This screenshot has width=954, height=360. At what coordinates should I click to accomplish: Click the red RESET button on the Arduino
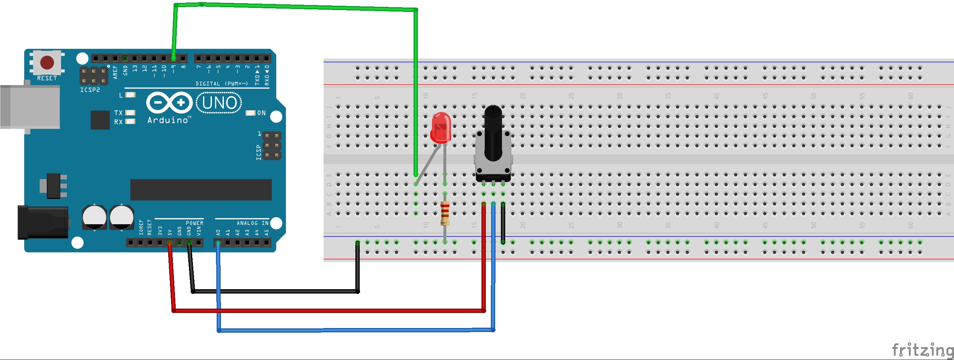coord(47,62)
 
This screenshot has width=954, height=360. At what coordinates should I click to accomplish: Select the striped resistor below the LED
coord(445,213)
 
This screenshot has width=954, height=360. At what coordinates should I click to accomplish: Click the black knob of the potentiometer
coord(493,133)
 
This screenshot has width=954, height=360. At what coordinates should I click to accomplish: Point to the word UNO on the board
coord(219,103)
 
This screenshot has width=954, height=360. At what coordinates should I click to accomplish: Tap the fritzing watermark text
coord(922,350)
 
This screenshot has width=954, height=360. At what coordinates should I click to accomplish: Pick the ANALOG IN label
coord(252,223)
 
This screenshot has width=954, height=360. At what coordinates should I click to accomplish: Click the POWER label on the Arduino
coord(194,223)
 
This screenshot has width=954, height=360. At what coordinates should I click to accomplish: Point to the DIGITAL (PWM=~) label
coord(221,84)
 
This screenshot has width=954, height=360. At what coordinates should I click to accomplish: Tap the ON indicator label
coord(262,113)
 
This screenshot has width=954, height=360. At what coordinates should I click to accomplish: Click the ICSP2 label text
coord(90,90)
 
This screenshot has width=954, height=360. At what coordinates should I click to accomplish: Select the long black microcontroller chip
coord(201,190)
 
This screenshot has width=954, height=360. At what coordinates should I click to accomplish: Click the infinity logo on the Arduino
coord(170,102)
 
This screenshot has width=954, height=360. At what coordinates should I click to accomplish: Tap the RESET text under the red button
coord(47,78)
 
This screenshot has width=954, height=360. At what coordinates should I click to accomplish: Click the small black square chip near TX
coord(100,120)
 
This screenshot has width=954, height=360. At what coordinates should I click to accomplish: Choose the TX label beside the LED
coord(118,112)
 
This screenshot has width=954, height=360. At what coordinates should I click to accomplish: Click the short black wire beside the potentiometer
coord(503,223)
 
